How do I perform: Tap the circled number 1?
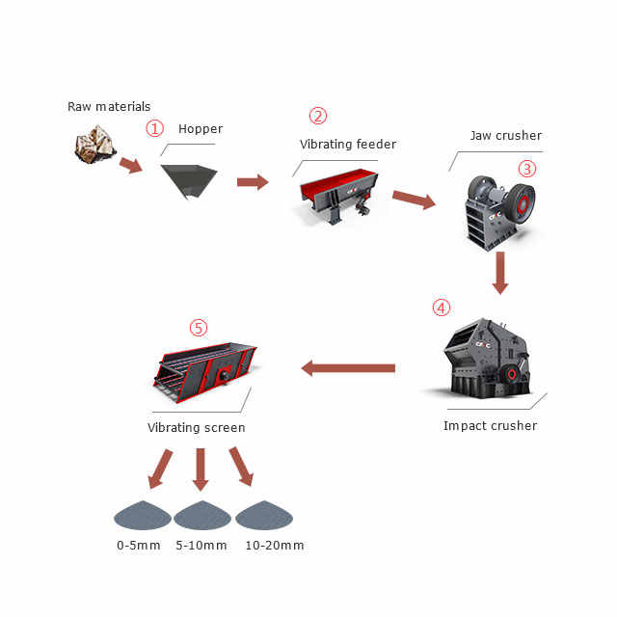coord(153,127)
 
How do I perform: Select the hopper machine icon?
coord(189,180)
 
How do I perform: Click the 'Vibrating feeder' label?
coord(348,145)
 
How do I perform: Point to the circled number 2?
coord(318,115)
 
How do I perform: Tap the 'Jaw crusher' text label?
coord(505,136)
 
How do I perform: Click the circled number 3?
coord(526,168)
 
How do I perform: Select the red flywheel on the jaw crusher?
coord(523,204)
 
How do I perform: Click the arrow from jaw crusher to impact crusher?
coord(499,272)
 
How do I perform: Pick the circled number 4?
coord(441,308)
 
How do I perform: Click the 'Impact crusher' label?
coord(490,425)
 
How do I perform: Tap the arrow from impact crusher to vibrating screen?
coord(349,367)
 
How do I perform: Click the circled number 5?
coord(199,328)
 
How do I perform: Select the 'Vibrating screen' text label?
coord(197,427)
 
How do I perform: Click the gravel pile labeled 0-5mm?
coord(141,515)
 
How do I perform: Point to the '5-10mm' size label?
coord(201,546)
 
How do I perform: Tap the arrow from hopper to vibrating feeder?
coord(253,181)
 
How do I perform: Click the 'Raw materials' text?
coord(109,106)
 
